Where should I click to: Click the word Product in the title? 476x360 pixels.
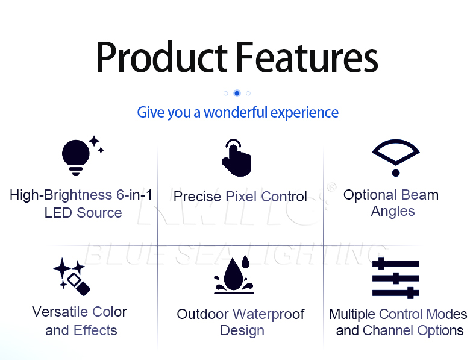coord(161,57)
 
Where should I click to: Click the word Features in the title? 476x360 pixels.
coord(307,57)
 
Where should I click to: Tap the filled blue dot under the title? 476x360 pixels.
coord(237,93)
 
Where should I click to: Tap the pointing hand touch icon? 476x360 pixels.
coord(236,157)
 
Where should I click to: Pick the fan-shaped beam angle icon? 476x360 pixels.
coord(395,157)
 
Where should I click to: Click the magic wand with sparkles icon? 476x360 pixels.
coord(72,277)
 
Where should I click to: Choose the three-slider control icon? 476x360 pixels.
coord(395,278)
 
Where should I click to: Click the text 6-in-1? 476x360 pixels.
coord(134,195)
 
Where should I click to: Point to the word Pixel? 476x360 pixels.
coord(242,197)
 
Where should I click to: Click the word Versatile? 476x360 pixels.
coord(60,312)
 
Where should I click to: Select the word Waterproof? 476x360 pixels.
coord(269,314)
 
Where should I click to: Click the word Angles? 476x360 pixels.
coord(393,212)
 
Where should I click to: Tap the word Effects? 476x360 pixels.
coord(95,330)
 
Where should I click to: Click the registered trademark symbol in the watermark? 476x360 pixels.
coord(332,187)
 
